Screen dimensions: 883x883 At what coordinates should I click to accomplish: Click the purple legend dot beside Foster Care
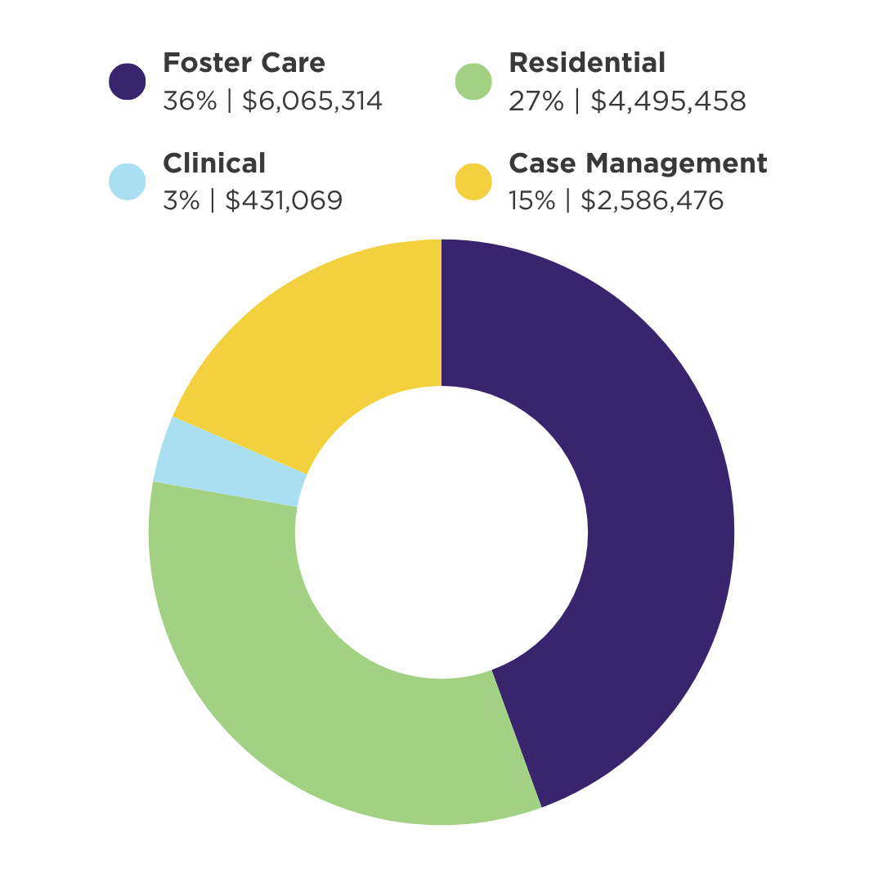point(128,82)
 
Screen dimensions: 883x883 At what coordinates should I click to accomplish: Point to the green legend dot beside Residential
point(473,82)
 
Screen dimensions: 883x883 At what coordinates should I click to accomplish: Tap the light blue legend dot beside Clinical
point(128,182)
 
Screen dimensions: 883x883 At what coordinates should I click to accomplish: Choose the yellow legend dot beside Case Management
point(473,182)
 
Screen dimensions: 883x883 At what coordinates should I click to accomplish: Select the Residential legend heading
point(587,63)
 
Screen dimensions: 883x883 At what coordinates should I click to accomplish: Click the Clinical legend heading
point(214,164)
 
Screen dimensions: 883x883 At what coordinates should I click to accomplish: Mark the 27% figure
point(536,101)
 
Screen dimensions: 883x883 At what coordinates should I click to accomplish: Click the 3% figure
point(181,201)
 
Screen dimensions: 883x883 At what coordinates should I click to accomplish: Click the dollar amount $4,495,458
point(668,101)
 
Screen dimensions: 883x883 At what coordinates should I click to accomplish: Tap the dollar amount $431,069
point(284,201)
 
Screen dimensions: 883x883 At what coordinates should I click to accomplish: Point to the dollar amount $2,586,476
point(652,201)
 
